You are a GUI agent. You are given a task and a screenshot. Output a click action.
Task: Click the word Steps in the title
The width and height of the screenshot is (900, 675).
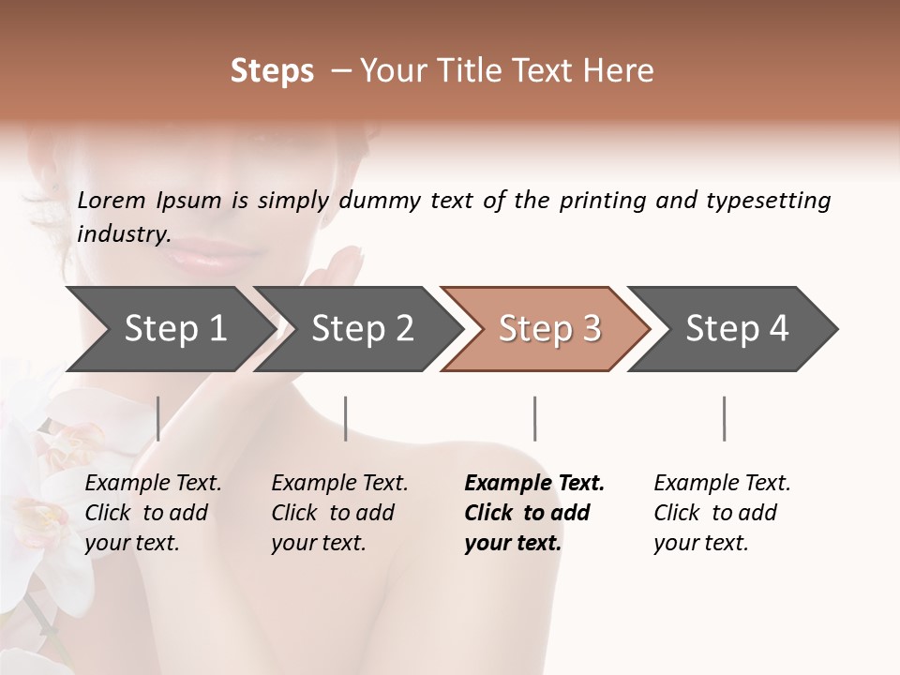pos(272,71)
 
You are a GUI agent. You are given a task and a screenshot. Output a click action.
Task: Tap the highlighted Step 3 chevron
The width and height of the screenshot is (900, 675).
pos(548,328)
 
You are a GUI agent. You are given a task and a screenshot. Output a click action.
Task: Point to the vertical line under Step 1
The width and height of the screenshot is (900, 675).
pos(158,418)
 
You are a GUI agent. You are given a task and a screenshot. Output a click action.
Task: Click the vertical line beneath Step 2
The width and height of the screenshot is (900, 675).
pos(346,418)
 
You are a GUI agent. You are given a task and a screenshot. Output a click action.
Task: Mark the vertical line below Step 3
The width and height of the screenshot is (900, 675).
pos(534,418)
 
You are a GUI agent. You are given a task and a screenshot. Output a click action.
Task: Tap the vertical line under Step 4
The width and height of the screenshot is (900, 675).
pos(724,418)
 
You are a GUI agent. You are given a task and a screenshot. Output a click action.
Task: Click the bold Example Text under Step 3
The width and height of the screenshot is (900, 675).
pos(533,513)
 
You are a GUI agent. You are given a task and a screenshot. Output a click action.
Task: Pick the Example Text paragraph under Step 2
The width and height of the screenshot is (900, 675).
pos(339,513)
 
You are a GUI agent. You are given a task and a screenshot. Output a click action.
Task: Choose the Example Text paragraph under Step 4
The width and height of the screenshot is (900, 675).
pos(722,513)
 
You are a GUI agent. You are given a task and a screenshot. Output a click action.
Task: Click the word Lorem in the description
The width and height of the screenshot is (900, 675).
pos(112,201)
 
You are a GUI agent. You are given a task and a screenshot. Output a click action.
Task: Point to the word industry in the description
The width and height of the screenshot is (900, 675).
pos(123,234)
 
